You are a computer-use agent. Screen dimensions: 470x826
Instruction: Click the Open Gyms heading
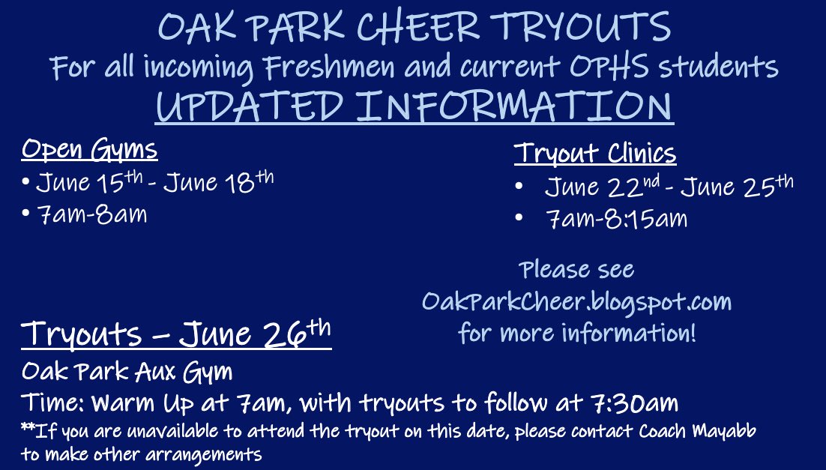click(x=89, y=149)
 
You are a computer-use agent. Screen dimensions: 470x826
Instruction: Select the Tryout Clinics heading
click(x=595, y=153)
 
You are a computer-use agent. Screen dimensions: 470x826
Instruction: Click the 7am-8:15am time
click(x=616, y=219)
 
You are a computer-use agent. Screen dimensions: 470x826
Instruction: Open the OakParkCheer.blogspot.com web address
click(x=576, y=301)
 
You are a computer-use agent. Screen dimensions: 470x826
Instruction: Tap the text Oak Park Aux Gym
click(x=127, y=371)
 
